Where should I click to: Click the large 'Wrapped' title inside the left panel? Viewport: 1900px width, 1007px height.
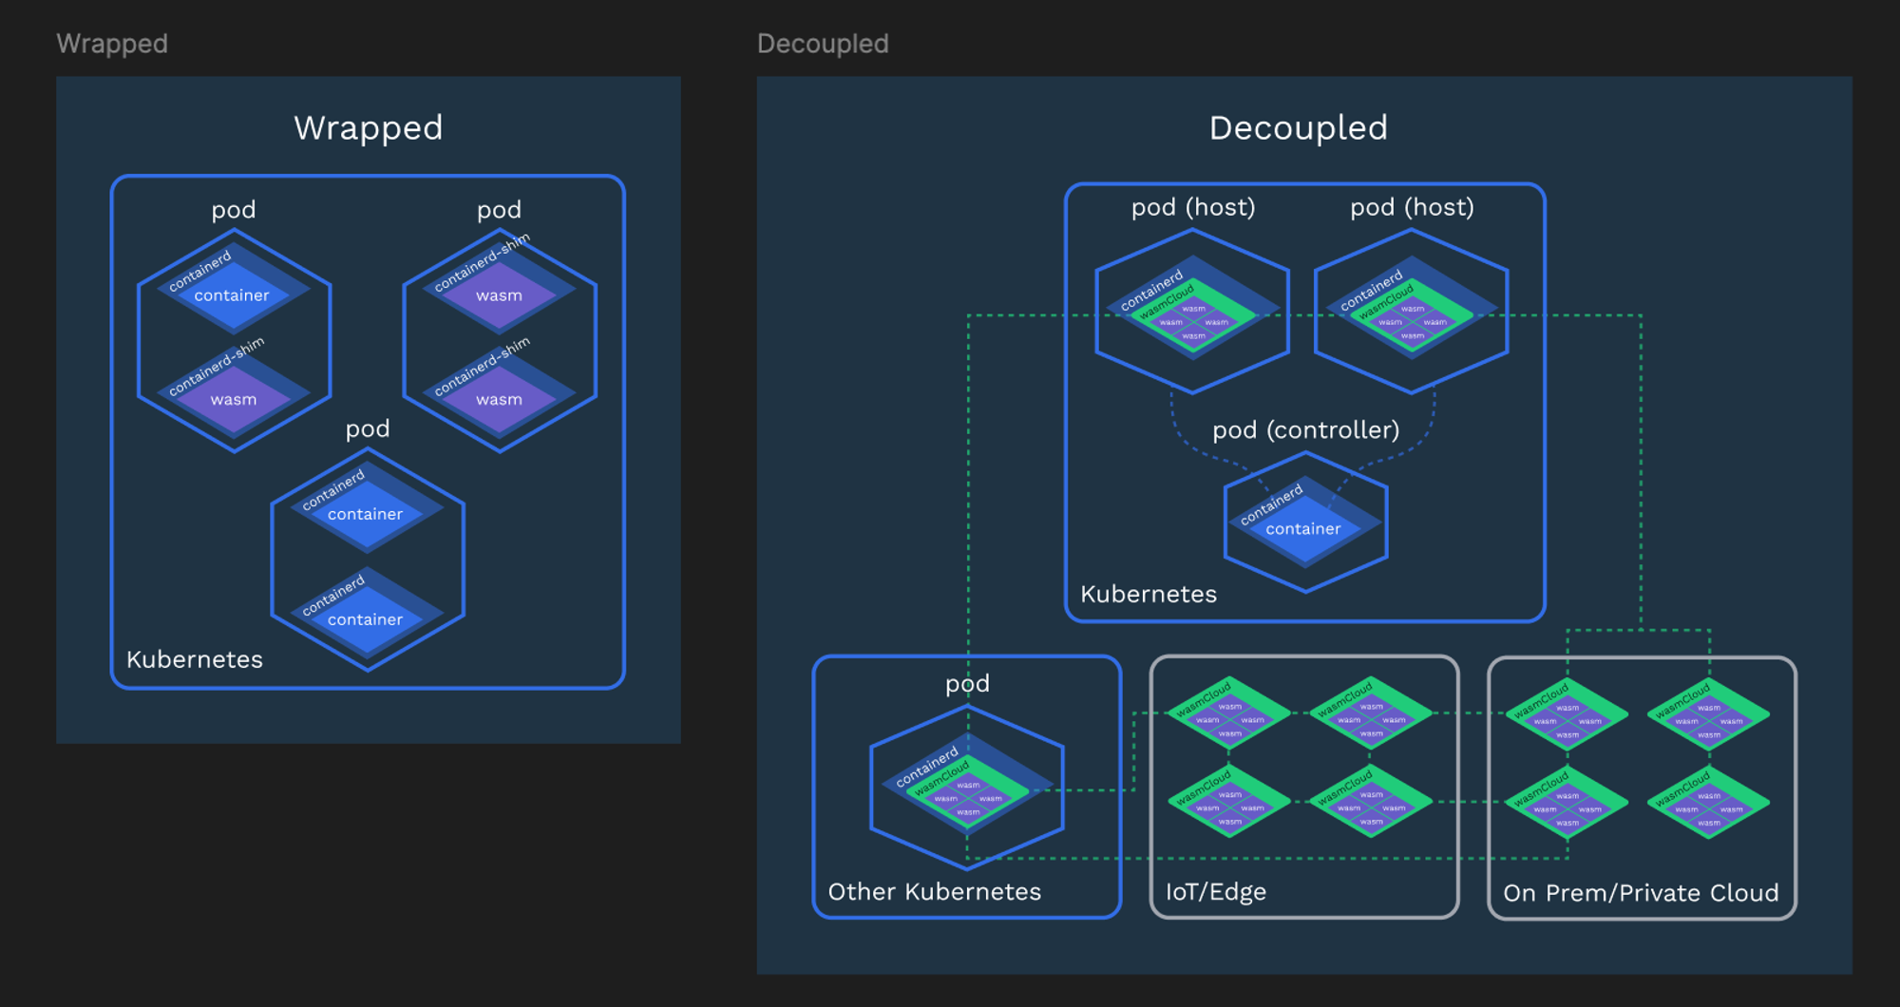coord(369,127)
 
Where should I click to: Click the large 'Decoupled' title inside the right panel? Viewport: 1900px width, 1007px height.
coord(1298,127)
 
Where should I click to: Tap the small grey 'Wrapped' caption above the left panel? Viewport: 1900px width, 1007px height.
coord(112,44)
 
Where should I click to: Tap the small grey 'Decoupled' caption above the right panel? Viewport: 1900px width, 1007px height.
coord(823,44)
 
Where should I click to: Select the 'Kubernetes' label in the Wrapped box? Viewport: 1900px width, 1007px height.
coord(194,659)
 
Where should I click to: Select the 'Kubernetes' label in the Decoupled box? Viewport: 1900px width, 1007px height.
coord(1148,594)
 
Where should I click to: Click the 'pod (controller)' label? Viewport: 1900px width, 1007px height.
coord(1305,429)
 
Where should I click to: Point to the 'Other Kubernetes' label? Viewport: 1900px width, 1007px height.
coord(934,891)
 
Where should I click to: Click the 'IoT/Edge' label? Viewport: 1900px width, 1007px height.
coord(1215,891)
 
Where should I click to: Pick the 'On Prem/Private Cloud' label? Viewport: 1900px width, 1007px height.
coord(1641,892)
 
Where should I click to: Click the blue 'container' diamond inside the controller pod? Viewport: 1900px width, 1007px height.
coord(1303,528)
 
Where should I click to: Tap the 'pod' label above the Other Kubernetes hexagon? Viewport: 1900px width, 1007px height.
coord(967,683)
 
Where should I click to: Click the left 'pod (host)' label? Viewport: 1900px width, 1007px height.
coord(1193,207)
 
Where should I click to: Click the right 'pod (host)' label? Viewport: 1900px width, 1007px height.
coord(1412,207)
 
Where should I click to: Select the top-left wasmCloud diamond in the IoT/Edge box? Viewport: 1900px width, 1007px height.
coord(1228,713)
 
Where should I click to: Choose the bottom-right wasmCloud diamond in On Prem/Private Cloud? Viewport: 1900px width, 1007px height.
coord(1708,803)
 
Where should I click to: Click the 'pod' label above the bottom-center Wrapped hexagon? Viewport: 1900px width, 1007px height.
coord(368,428)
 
